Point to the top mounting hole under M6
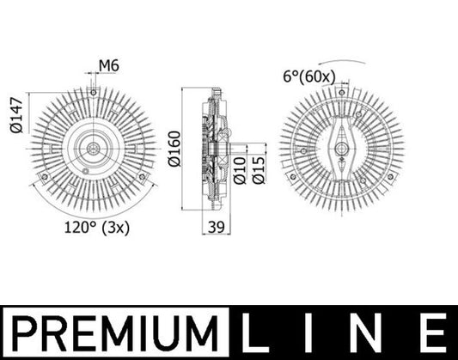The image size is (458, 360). tap(92, 92)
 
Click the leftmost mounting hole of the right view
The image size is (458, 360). tap(294, 177)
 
